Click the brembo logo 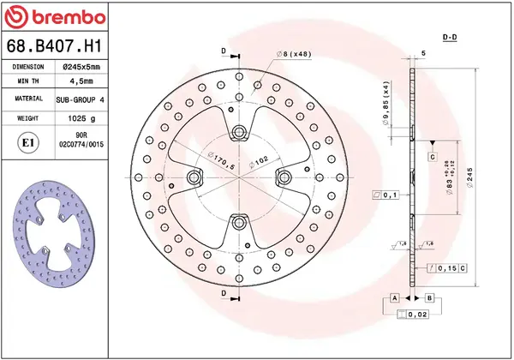56,18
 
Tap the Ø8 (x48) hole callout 294,55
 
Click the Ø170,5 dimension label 221,159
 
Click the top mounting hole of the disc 240,131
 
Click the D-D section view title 449,38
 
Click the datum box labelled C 433,158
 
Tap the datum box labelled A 394,297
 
